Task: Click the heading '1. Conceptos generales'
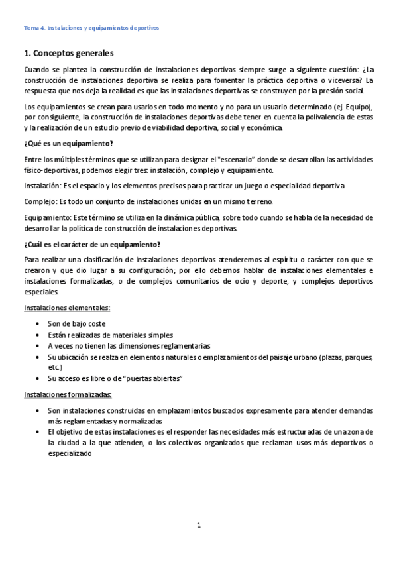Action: pyautogui.click(x=69, y=53)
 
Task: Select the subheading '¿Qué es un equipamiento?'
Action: pyautogui.click(x=68, y=144)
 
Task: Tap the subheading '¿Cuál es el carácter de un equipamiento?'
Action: pyautogui.click(x=91, y=244)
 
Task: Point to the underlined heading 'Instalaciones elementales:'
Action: pyautogui.click(x=67, y=308)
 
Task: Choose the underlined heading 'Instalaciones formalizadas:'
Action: pyautogui.click(x=68, y=395)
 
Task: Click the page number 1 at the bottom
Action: pyautogui.click(x=198, y=526)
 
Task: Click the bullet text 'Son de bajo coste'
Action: pyautogui.click(x=76, y=323)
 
